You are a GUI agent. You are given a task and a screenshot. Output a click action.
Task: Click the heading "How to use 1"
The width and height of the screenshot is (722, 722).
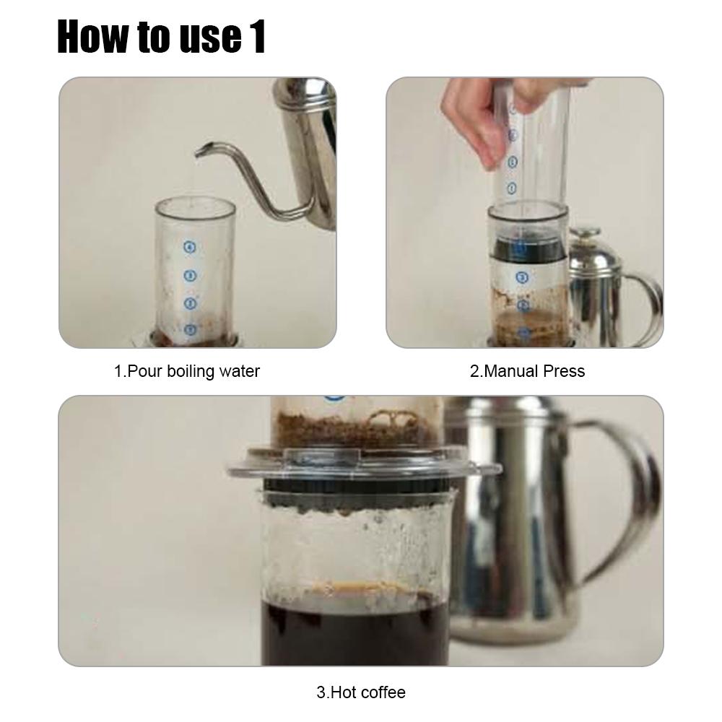coord(161,37)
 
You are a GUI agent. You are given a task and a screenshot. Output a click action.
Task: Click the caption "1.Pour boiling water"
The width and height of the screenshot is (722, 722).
coord(187,371)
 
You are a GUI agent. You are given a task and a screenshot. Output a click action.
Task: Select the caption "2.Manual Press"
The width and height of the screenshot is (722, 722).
coord(527,371)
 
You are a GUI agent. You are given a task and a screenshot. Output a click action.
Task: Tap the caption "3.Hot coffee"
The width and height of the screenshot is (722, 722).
coord(361,692)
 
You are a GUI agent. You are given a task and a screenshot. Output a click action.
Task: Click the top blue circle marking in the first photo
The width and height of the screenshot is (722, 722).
coord(190,247)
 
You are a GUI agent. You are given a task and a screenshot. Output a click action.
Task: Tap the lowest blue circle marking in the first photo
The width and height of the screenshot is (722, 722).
coord(190,330)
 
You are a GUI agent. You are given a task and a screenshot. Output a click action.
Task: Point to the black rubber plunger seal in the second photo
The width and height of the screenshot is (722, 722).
coord(528,248)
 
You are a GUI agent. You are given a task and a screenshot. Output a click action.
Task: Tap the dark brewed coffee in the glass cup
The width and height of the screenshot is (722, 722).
coord(355,633)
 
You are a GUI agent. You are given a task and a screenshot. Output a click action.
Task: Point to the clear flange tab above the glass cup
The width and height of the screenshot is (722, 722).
coord(322,458)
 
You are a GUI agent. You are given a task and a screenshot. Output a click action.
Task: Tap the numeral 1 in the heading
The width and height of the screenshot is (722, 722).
coord(258,37)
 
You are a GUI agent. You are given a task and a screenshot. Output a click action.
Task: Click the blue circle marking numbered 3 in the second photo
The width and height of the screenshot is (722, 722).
coord(522,277)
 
